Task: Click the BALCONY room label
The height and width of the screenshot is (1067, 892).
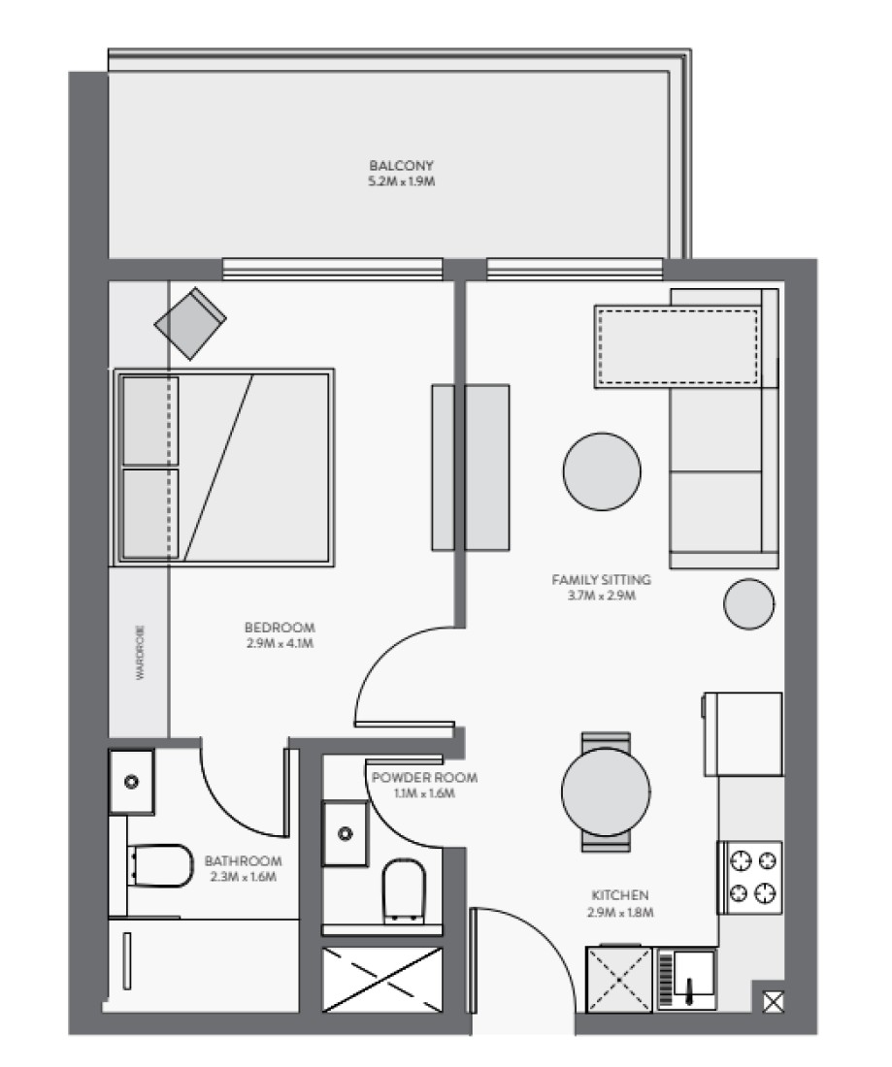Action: [x=401, y=165]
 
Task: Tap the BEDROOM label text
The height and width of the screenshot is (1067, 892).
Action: [x=280, y=628]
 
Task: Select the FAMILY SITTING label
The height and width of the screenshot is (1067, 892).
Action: [x=601, y=580]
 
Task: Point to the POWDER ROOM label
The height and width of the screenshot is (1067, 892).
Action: [x=424, y=777]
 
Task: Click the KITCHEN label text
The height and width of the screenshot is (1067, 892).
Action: [x=619, y=895]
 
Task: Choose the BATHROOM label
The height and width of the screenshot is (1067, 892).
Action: [x=243, y=860]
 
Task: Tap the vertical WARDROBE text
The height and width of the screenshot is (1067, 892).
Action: [x=141, y=652]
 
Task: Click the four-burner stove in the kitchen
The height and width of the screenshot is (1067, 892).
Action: [x=750, y=878]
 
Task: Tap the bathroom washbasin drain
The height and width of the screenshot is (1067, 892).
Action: [x=131, y=782]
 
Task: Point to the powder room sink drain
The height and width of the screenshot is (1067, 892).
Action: [x=346, y=833]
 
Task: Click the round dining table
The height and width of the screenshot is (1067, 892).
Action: [x=606, y=792]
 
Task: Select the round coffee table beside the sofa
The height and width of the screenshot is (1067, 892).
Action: [x=602, y=470]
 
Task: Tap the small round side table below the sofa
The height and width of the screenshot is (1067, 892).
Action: [x=749, y=603]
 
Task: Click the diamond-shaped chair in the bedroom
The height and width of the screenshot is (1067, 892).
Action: [x=190, y=323]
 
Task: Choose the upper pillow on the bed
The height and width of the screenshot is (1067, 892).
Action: [x=149, y=421]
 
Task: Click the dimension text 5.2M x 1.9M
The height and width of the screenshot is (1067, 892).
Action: [x=401, y=181]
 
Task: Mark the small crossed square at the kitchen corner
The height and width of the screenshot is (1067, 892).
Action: [x=774, y=1002]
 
